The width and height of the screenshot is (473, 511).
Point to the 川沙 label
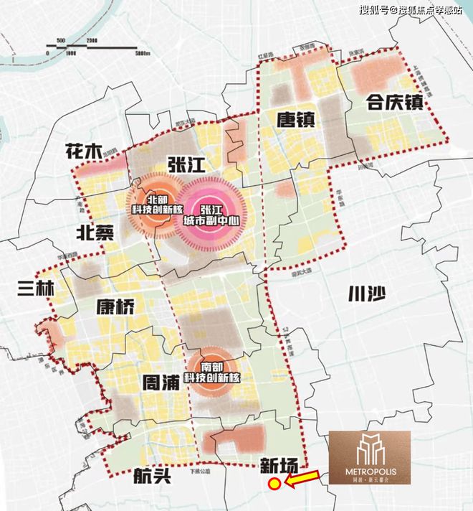[x=361, y=296]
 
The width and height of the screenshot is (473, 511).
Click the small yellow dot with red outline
[x=274, y=484]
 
